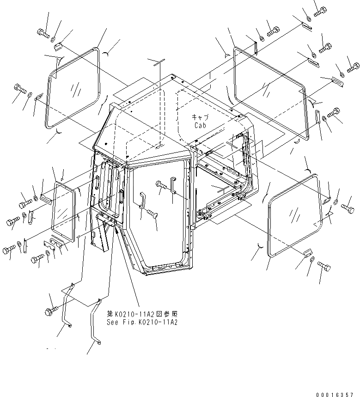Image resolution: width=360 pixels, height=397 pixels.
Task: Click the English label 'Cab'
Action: (201, 125)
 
